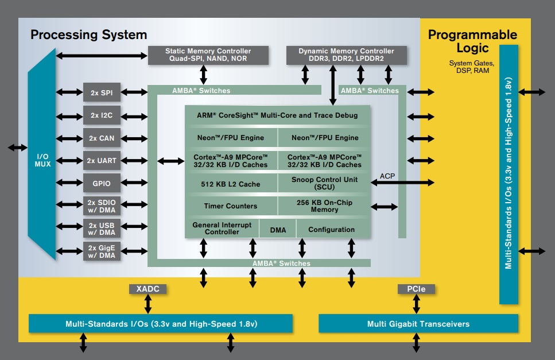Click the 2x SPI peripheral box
coord(102,92)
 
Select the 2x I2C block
coord(102,115)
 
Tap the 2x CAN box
coord(102,138)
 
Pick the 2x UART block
coord(102,161)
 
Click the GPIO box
coord(102,184)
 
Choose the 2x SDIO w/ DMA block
coord(102,206)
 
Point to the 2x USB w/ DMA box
coord(102,229)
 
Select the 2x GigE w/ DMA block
coord(102,251)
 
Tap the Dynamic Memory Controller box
coord(346,55)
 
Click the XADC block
coord(148,289)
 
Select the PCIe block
coord(416,289)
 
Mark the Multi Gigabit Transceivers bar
coord(418,324)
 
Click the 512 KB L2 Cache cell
coord(231,184)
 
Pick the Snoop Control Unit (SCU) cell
coord(324,184)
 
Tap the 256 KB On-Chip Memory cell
coord(324,206)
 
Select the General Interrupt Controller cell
coord(222,229)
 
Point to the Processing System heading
coord(88,34)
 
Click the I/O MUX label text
coord(43,160)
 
